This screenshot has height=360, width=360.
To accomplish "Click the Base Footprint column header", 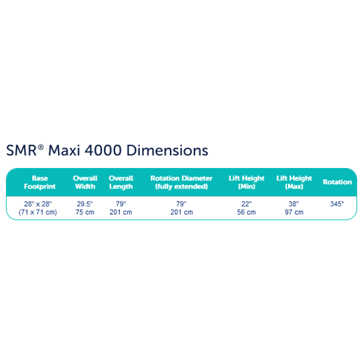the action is [40, 182].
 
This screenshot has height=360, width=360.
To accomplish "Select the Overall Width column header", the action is [85, 182].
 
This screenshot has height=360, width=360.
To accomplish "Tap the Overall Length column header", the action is [121, 182].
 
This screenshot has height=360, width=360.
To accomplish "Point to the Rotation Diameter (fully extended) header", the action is [181, 182].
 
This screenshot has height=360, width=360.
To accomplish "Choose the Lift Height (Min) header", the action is [247, 182].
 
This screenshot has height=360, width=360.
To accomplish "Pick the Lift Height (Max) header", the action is [294, 182].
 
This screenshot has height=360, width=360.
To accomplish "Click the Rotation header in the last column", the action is [337, 182].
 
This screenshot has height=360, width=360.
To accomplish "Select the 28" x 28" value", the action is [38, 204].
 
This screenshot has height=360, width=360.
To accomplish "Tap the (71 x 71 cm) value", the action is [38, 212].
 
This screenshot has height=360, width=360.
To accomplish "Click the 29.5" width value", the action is [85, 204].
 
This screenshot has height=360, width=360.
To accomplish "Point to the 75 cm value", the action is [85, 212].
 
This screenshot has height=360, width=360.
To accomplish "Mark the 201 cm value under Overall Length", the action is [121, 212].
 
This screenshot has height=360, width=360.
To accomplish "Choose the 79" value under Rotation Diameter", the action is [181, 204].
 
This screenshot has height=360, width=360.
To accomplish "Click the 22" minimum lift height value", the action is [247, 204].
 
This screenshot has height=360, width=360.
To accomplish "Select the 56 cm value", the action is [247, 212].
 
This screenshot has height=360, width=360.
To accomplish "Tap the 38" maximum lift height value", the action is [293, 204].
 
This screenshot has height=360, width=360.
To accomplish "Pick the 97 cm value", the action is [294, 212].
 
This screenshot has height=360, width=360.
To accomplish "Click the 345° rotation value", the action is [337, 204].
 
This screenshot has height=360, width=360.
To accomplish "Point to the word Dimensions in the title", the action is [167, 151].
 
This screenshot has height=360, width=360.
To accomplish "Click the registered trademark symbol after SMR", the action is [41, 147].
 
